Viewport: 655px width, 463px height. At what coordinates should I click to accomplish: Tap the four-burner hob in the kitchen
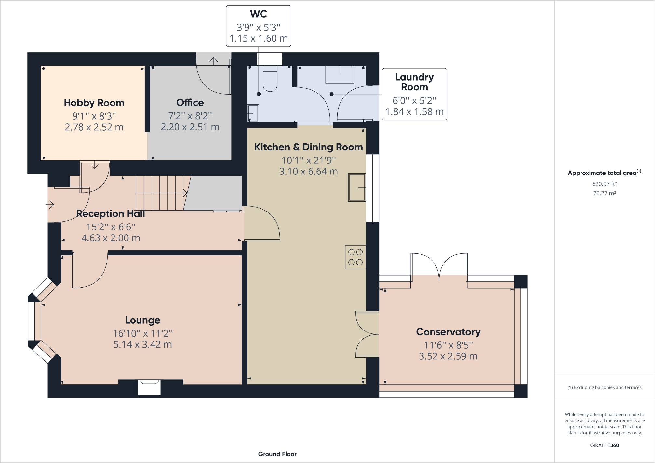tap(355, 257)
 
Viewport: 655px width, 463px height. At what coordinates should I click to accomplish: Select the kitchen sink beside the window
tap(357, 187)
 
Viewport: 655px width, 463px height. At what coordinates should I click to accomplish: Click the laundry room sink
tap(340, 75)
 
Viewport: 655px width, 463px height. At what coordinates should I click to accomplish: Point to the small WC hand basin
tap(253, 113)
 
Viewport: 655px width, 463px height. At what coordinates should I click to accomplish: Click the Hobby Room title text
tap(94, 103)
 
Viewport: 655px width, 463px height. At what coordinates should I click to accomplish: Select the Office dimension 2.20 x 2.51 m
tap(190, 127)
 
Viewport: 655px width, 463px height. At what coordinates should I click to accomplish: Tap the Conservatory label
tap(448, 332)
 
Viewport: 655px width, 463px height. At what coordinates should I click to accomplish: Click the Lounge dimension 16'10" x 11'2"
tap(142, 333)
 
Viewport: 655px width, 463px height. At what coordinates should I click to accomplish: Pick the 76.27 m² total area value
tap(604, 193)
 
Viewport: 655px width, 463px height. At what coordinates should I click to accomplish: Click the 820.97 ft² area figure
tap(604, 184)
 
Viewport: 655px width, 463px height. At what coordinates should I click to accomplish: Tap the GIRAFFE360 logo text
tap(604, 445)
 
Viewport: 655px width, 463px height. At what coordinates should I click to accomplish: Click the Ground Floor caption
tap(277, 454)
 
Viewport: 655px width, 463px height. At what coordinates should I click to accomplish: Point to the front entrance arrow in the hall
tap(50, 205)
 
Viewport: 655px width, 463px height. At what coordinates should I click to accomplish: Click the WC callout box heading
tap(259, 14)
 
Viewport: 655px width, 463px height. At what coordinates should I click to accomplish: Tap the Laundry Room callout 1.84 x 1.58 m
tap(414, 112)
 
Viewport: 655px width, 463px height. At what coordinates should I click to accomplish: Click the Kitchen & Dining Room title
tap(308, 147)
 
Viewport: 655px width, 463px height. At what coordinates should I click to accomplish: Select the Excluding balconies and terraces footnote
tap(604, 387)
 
